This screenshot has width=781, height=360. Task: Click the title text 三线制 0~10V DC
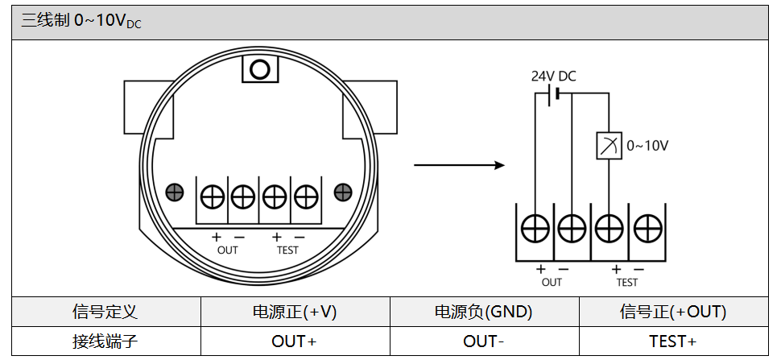(x=81, y=22)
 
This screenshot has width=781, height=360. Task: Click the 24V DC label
(x=553, y=77)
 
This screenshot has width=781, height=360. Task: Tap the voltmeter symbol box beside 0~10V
(x=608, y=146)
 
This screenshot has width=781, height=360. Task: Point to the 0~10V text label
(x=647, y=146)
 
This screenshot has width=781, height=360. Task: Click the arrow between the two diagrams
(x=458, y=165)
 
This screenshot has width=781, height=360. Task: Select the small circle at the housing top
(x=259, y=69)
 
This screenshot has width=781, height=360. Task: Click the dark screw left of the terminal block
(x=174, y=192)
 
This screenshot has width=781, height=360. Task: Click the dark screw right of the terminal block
(x=343, y=192)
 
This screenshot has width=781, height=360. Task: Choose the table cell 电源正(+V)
(x=295, y=312)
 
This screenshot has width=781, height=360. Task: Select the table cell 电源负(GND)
(x=484, y=312)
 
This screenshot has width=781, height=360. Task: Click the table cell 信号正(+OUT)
(x=673, y=312)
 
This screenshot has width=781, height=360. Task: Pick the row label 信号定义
(x=105, y=312)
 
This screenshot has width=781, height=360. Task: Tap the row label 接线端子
(x=105, y=341)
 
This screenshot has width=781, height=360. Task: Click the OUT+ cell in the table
(x=295, y=341)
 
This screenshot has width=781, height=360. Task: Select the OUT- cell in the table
(x=484, y=341)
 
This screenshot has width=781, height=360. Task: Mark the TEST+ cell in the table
(x=673, y=341)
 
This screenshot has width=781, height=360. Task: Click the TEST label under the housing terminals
(x=287, y=250)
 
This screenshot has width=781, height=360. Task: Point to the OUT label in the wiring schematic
(x=552, y=283)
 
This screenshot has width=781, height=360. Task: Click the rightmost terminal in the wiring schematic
(x=646, y=230)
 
